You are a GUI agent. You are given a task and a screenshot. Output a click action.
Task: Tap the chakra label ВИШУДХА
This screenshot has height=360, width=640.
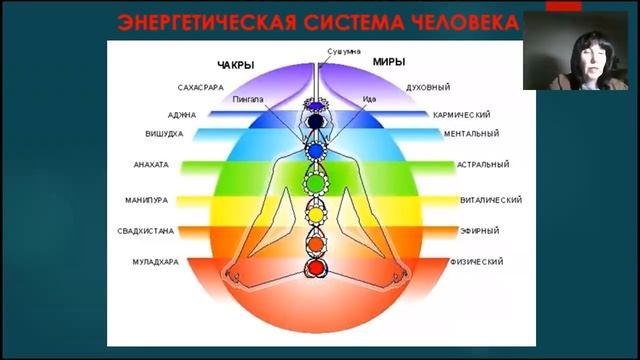pos(166,133)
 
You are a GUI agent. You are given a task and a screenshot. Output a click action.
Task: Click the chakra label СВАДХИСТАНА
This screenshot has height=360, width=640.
pos(146,230)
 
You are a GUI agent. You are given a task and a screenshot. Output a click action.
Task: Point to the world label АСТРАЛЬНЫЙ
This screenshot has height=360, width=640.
pos(482,165)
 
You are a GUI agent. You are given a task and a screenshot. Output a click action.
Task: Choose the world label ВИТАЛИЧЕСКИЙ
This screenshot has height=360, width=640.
pos(491,199)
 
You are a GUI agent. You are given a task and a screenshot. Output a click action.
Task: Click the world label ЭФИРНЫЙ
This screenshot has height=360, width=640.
pos(481,230)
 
